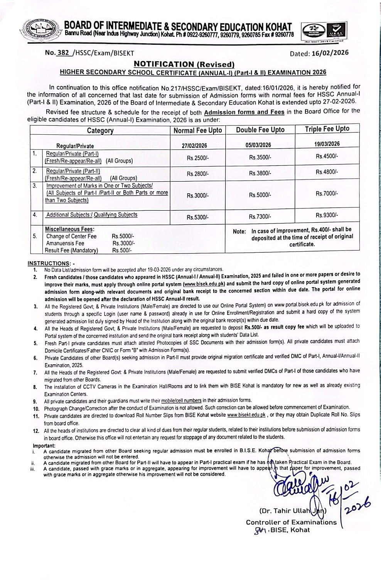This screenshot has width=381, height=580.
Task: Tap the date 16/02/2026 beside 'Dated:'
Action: tap(329, 53)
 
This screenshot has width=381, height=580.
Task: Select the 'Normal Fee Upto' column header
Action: tap(198, 130)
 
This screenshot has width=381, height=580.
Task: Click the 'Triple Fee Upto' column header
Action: tap(327, 129)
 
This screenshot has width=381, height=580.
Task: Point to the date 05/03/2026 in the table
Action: tap(258, 145)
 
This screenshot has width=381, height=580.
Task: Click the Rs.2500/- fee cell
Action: tap(198, 158)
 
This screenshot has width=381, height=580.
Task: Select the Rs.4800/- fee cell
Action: tap(327, 171)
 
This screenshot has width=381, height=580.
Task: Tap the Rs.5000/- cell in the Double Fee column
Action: tap(260, 195)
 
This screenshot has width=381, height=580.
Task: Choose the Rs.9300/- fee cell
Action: tap(327, 215)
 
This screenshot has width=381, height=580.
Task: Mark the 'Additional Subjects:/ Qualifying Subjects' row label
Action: tap(92, 215)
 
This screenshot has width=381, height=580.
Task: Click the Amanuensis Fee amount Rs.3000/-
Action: tap(124, 243)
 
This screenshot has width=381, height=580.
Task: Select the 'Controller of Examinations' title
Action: tap(291, 522)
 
